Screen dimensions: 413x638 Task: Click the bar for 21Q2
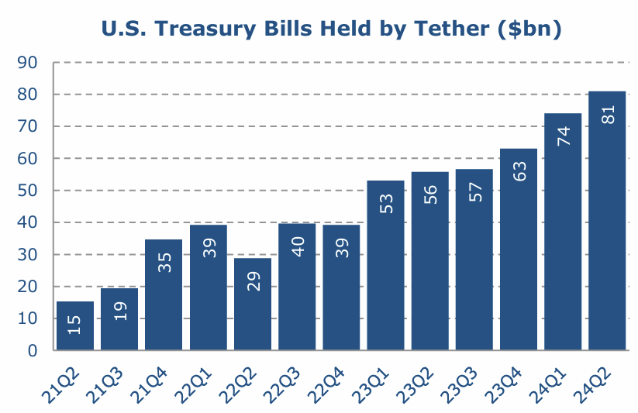pos(75,325)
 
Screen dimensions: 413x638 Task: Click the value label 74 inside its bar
pos(564,138)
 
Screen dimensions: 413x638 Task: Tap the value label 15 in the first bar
pos(75,323)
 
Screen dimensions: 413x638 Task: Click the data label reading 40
pos(297,246)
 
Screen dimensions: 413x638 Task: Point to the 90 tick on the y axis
pos(28,63)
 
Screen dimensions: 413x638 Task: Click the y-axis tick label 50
pos(28,191)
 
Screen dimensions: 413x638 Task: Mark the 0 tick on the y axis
pos(33,350)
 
